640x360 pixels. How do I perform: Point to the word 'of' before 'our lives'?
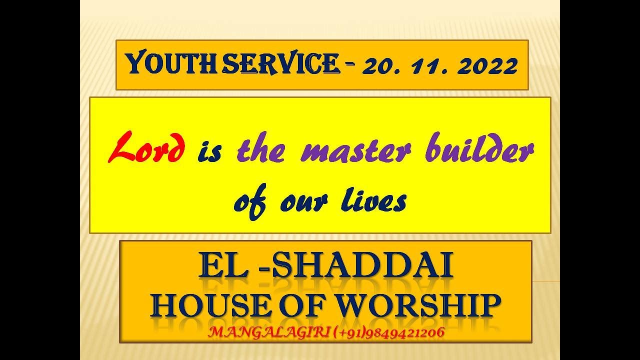click(x=250, y=202)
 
